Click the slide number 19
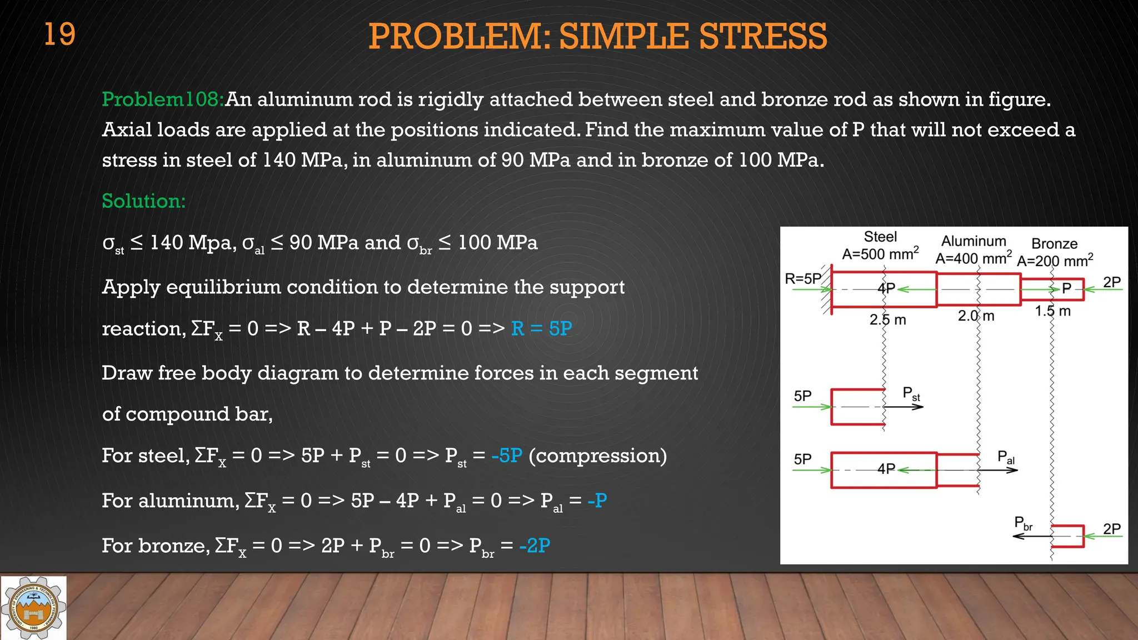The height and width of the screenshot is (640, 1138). pyautogui.click(x=59, y=34)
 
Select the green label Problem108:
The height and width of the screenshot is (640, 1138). pyautogui.click(x=163, y=99)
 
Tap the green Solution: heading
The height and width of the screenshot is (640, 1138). pyautogui.click(x=143, y=201)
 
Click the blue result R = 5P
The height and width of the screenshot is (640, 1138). pyautogui.click(x=541, y=328)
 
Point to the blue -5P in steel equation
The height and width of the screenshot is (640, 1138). pyautogui.click(x=507, y=456)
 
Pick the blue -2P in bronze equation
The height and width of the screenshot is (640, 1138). pyautogui.click(x=535, y=546)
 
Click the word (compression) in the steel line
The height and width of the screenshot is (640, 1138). pyautogui.click(x=597, y=456)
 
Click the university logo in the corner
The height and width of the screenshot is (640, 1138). pyautogui.click(x=33, y=608)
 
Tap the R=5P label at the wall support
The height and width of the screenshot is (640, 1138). pyautogui.click(x=802, y=279)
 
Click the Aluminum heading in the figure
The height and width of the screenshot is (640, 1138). pyautogui.click(x=974, y=241)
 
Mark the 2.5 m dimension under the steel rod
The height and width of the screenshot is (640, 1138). pyautogui.click(x=887, y=320)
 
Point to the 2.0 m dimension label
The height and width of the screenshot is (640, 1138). pyautogui.click(x=976, y=316)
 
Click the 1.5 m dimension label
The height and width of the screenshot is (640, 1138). pyautogui.click(x=1052, y=311)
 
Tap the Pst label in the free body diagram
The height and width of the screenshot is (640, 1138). pyautogui.click(x=911, y=394)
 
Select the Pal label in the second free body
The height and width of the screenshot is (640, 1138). pyautogui.click(x=1006, y=457)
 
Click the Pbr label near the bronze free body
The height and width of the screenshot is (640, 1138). pyautogui.click(x=1023, y=523)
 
